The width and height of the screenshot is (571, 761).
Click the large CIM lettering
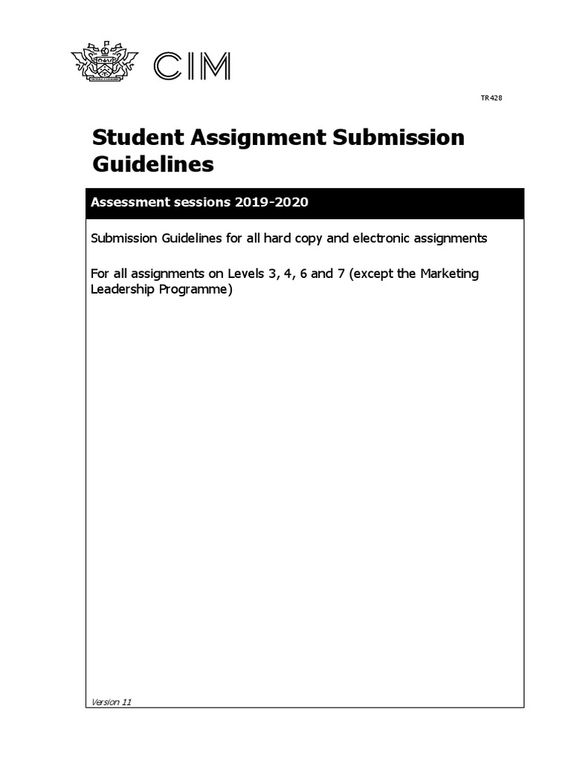pos(191,67)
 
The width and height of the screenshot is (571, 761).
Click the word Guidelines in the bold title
pos(152,164)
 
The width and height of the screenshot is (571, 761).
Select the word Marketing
pos(450,273)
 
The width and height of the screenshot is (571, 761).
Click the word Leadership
pos(120,289)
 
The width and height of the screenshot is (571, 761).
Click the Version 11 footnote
pos(111,702)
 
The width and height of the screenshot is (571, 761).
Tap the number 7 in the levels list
pos(340,273)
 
